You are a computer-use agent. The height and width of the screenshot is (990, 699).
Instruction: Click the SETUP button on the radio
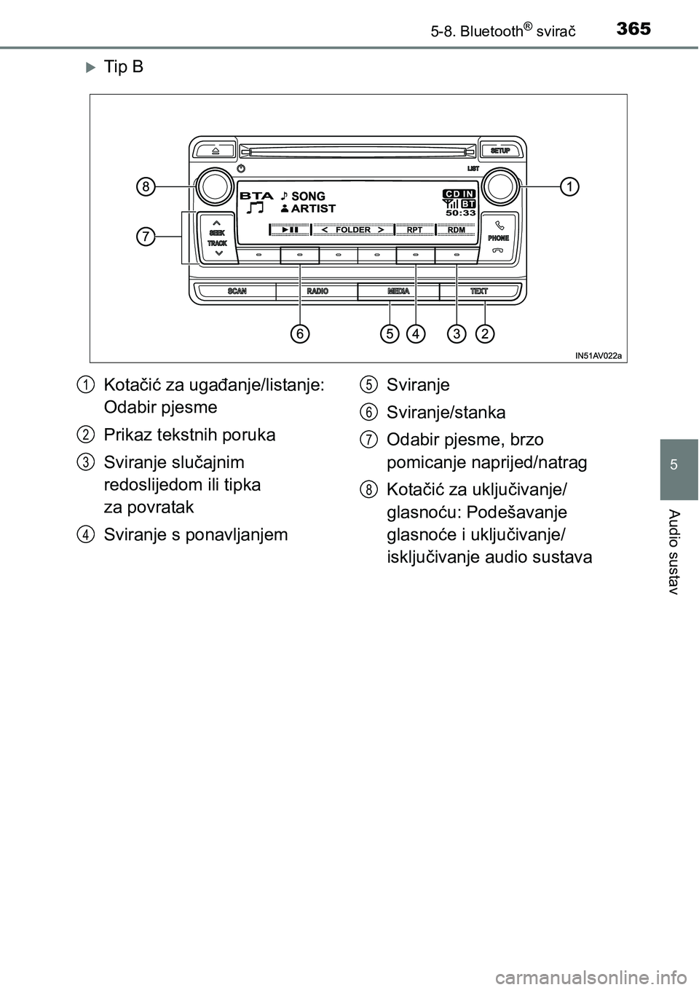[x=499, y=151]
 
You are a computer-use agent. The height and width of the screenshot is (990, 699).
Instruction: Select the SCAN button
[x=237, y=291]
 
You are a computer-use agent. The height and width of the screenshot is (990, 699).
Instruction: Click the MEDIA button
[x=398, y=291]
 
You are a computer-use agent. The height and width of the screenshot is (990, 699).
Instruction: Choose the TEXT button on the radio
[x=479, y=291]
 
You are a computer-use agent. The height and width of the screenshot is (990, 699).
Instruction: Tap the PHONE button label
[x=499, y=238]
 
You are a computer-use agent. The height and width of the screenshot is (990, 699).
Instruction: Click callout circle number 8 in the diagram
[x=146, y=187]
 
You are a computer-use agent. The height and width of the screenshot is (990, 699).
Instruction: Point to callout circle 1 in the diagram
[x=569, y=187]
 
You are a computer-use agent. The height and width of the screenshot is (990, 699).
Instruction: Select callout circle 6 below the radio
[x=299, y=334]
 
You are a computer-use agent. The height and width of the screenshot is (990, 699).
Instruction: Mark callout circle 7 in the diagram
[x=146, y=237]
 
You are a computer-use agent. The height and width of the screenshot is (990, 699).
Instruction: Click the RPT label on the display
[x=414, y=230]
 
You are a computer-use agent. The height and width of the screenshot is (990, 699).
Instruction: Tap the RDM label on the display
[x=456, y=230]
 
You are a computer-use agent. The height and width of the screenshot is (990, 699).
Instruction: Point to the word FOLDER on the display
[x=353, y=230]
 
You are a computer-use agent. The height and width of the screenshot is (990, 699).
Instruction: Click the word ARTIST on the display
[x=313, y=208]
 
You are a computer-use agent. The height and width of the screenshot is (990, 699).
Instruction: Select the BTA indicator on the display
[x=256, y=196]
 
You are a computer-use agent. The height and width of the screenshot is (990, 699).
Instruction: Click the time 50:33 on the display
[x=461, y=213]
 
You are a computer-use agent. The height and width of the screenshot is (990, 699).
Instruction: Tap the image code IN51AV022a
[x=599, y=355]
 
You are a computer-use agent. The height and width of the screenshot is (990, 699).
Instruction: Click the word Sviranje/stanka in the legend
[x=446, y=413]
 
